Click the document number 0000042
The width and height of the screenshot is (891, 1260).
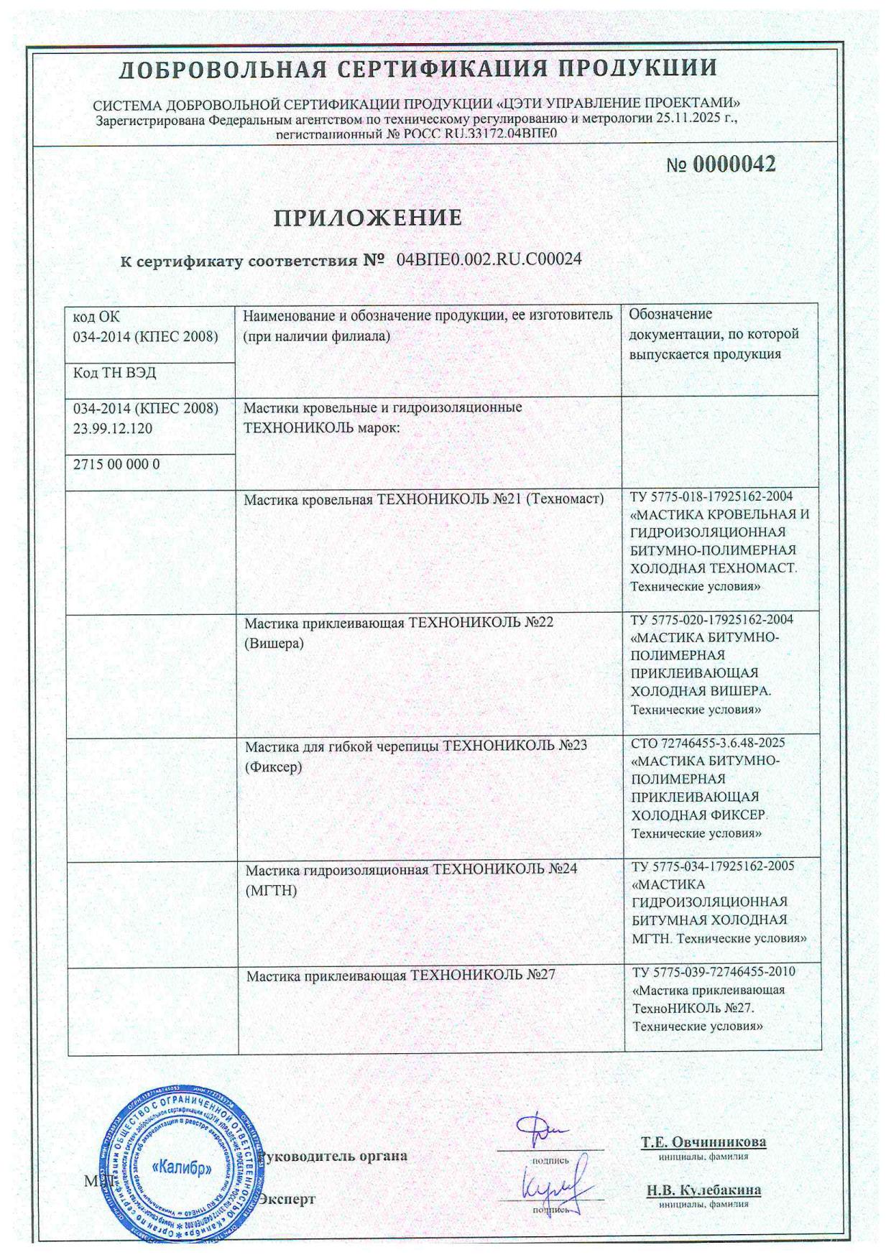point(733,165)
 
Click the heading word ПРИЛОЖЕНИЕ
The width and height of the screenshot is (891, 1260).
point(367,217)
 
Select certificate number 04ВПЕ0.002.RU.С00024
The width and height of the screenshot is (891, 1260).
point(489,259)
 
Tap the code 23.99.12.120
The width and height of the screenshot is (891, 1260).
point(113,429)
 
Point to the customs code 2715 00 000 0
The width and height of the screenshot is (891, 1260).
point(116,465)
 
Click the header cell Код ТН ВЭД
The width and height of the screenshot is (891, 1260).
point(114,373)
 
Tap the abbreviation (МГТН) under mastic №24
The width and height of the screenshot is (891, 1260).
point(271,891)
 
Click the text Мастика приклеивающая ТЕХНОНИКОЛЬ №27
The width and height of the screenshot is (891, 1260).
point(401,976)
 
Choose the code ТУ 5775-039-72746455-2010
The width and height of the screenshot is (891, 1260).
point(714,972)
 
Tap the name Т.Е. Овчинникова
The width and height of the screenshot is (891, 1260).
point(703,1142)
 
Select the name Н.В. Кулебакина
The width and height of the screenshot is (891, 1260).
point(703,1190)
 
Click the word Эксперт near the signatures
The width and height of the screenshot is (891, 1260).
point(287,1199)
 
